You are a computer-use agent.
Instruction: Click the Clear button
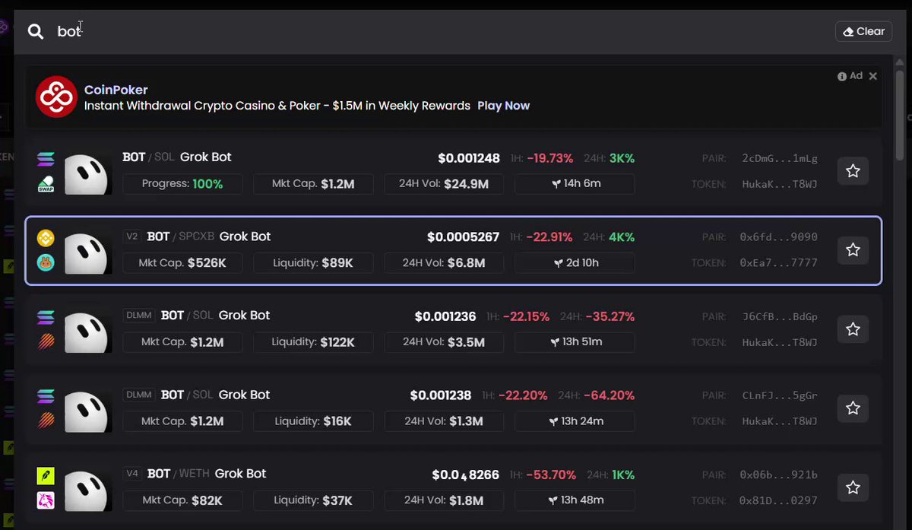[863, 31]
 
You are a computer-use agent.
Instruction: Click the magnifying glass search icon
[36, 31]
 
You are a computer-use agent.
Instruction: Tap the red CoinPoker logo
[56, 97]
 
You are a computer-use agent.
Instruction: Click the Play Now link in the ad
[503, 106]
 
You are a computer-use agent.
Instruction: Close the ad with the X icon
[873, 76]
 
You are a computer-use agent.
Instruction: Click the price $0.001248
[469, 158]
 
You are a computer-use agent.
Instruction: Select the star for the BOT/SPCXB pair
[853, 249]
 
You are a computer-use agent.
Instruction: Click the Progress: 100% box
[182, 184]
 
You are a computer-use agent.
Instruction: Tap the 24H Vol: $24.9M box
[444, 184]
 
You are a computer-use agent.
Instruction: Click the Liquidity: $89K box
[313, 263]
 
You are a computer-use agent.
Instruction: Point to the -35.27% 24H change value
[610, 316]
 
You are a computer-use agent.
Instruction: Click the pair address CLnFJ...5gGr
[780, 395]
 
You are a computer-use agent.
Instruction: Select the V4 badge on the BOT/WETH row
[132, 474]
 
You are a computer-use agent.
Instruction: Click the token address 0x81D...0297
[778, 500]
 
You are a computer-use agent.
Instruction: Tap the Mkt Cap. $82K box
[182, 500]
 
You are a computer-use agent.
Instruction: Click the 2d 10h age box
[575, 263]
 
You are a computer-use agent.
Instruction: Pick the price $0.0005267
[464, 237]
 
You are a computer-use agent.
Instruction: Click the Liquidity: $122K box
[313, 341]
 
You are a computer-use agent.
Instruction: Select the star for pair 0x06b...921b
[853, 487]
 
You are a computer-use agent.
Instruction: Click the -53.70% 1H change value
[551, 475]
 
